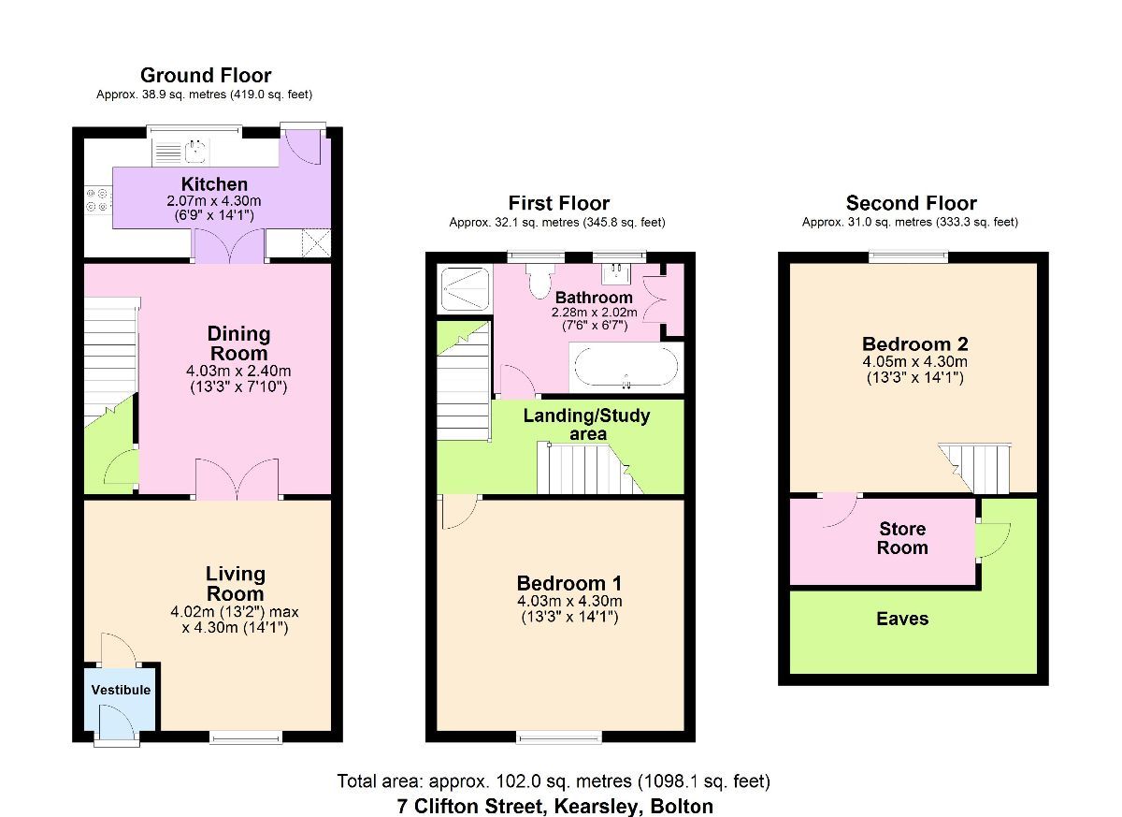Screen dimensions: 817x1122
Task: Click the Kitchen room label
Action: (214, 184)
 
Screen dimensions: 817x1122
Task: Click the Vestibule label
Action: (121, 690)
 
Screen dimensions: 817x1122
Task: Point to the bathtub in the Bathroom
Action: (625, 369)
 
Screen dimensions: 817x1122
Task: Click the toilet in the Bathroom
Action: (540, 279)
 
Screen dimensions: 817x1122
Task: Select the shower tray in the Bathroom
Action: (465, 287)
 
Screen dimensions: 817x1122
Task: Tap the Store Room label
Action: (902, 539)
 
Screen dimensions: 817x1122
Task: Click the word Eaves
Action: (902, 619)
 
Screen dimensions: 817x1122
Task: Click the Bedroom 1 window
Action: (559, 738)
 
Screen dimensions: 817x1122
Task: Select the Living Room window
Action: (246, 738)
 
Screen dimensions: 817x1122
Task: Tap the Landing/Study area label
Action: (586, 424)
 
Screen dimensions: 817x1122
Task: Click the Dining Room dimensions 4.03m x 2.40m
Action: (237, 372)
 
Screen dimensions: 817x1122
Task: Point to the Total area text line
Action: (554, 781)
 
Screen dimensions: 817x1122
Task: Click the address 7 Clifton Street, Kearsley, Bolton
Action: (554, 806)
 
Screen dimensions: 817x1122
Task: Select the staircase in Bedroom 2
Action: (979, 467)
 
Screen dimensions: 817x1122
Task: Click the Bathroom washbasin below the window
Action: (617, 272)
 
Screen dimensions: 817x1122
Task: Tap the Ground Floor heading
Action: (206, 75)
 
